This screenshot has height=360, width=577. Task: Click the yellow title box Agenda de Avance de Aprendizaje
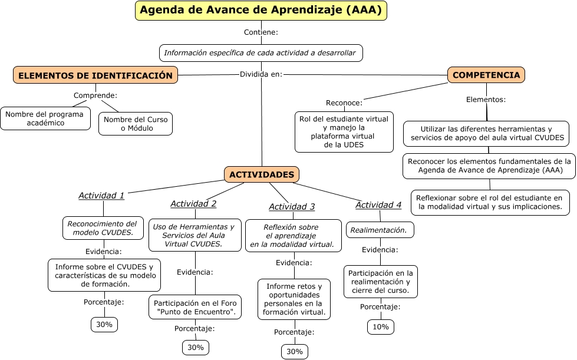(x=261, y=10)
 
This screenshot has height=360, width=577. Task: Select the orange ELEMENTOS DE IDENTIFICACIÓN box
(x=95, y=75)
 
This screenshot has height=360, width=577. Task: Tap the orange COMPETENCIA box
(x=486, y=75)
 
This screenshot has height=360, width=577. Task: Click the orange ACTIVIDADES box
(x=262, y=174)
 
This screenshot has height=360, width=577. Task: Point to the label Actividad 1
(x=101, y=196)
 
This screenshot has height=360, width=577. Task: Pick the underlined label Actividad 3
(x=292, y=207)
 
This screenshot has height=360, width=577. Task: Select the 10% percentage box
(x=381, y=327)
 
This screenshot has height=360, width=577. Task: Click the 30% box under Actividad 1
(x=104, y=325)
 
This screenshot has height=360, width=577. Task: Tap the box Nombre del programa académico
(x=45, y=118)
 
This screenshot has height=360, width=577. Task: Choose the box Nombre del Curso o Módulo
(x=136, y=124)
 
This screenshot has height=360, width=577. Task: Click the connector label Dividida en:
(x=261, y=74)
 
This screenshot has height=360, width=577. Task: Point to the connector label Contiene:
(x=261, y=32)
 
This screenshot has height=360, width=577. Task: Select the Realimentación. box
(x=380, y=230)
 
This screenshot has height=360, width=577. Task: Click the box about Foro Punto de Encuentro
(x=195, y=307)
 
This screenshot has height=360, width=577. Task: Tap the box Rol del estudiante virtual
(x=344, y=132)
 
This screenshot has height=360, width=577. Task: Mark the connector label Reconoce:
(x=344, y=103)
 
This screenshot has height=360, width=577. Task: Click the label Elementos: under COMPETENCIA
(x=486, y=100)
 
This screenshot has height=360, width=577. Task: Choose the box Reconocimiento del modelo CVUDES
(x=103, y=228)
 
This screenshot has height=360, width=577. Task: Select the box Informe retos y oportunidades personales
(x=294, y=299)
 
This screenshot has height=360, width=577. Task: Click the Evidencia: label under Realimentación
(x=380, y=250)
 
